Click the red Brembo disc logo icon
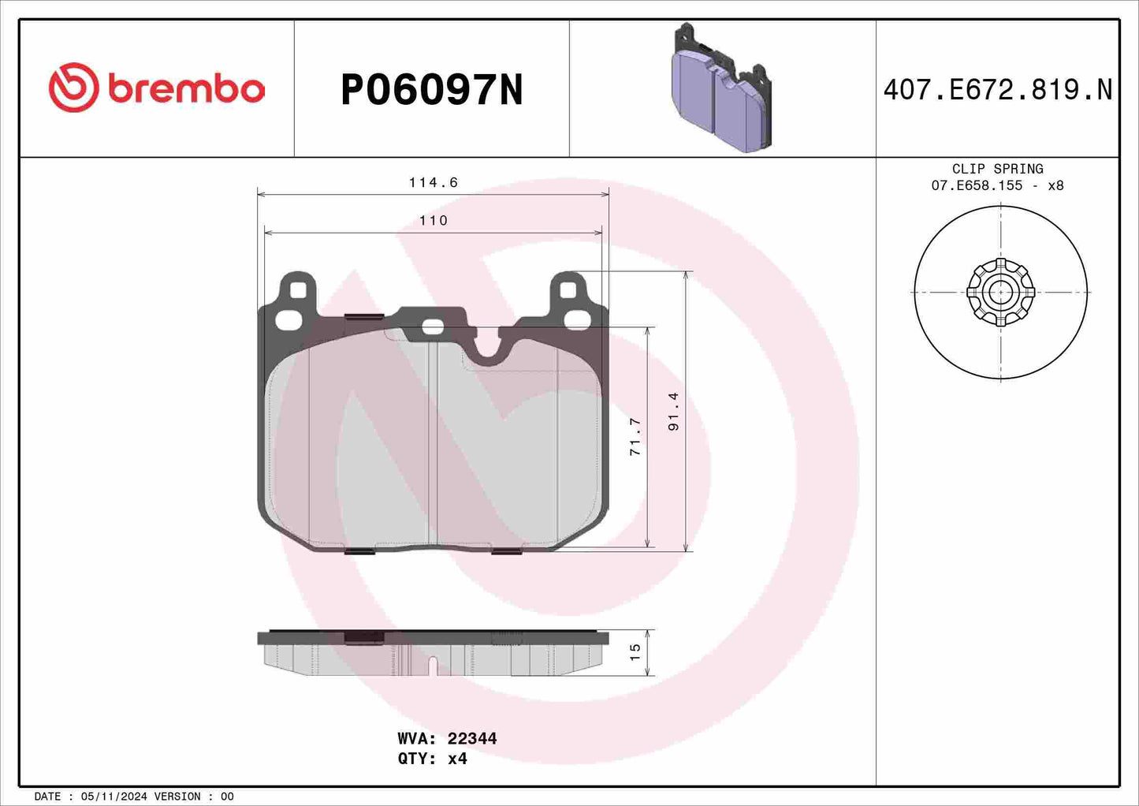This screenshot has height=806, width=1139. [x=73, y=88]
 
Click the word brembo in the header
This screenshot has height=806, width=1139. [x=186, y=89]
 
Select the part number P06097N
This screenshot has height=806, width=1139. [x=431, y=90]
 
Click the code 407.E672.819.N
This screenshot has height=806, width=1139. [x=997, y=90]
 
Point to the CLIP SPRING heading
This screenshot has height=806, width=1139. [x=997, y=169]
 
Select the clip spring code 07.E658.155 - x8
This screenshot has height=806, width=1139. [x=997, y=185]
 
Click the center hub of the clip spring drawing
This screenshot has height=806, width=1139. [x=1000, y=292]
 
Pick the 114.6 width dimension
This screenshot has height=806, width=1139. [x=433, y=182]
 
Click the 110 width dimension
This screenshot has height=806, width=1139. [x=433, y=221]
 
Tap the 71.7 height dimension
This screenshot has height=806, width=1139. [x=635, y=437]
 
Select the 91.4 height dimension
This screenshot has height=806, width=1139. [x=673, y=411]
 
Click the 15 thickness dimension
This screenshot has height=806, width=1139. [x=635, y=652]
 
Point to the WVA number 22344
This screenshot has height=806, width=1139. [x=471, y=739]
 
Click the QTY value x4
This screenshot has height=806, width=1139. [x=457, y=759]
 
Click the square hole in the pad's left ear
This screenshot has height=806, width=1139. [x=297, y=290]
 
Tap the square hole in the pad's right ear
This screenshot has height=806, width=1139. [x=568, y=290]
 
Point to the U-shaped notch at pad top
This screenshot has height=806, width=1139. [x=489, y=351]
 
